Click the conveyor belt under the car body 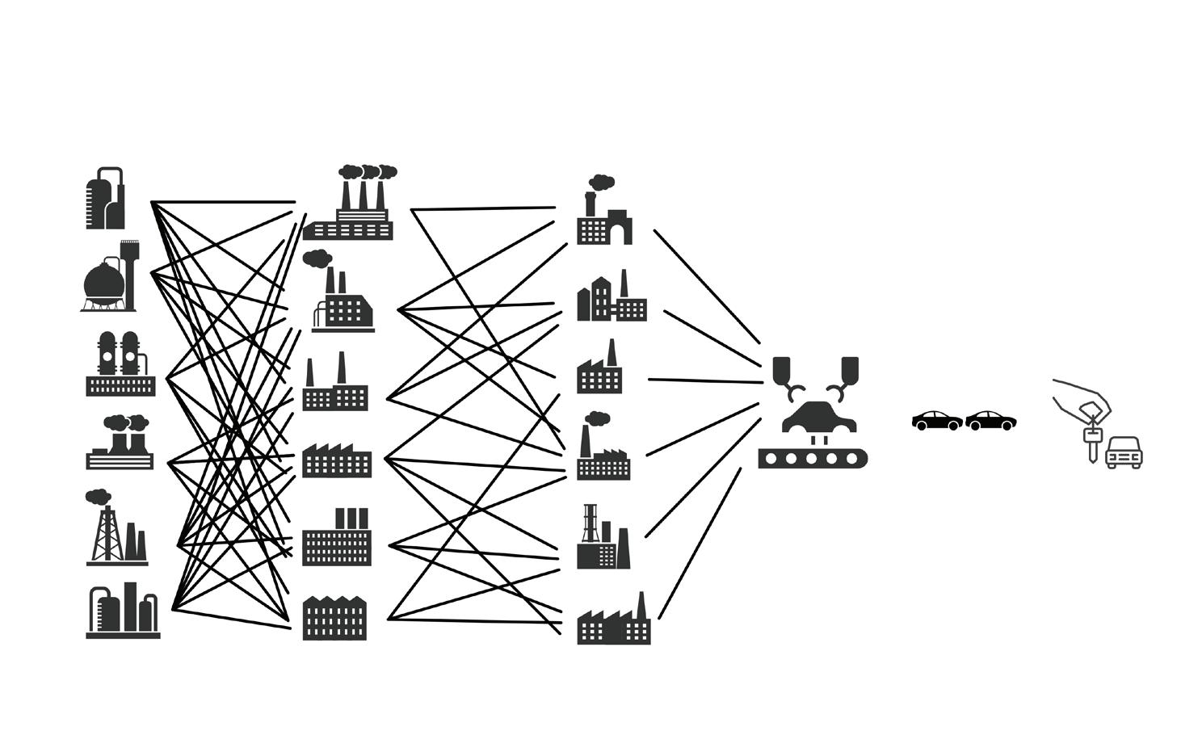point(812,458)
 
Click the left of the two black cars point(936,420)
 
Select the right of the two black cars point(990,420)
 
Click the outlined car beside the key point(1124,454)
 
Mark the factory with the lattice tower point(602,539)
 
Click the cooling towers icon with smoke point(120,444)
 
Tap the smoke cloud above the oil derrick point(98,497)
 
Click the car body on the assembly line point(813,418)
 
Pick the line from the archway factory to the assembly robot point(707,287)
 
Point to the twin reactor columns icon point(120,365)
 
